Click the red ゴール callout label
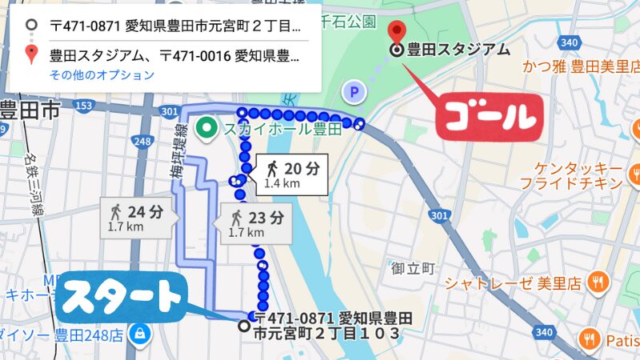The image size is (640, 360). pyautogui.click(x=489, y=118)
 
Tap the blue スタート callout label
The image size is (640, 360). pyautogui.click(x=121, y=297)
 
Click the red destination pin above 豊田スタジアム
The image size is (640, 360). pyautogui.click(x=396, y=33)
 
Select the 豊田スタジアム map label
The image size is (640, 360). pyautogui.click(x=458, y=50)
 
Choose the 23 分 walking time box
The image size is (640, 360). pyautogui.click(x=255, y=222)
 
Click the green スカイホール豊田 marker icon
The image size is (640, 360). pyautogui.click(x=207, y=126)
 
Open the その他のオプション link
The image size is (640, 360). pyautogui.click(x=102, y=75)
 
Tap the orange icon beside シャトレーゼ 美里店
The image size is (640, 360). pyautogui.click(x=596, y=282)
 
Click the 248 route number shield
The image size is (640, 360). pyautogui.click(x=143, y=142)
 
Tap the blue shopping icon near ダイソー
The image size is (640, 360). pyautogui.click(x=140, y=331)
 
